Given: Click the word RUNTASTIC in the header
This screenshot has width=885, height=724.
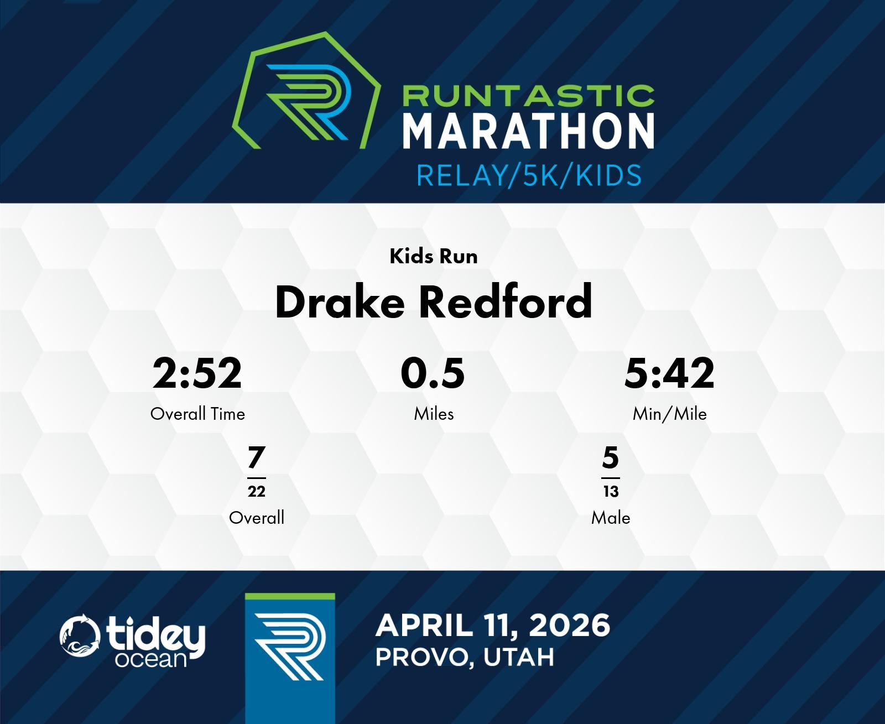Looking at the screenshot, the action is pyautogui.click(x=528, y=96).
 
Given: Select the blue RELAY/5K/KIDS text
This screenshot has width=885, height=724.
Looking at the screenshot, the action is pyautogui.click(x=529, y=175).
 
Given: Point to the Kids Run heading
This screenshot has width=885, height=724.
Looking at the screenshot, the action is pyautogui.click(x=434, y=256).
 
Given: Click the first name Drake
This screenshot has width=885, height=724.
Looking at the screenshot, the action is pyautogui.click(x=340, y=302).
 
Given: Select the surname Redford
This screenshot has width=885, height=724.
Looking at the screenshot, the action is pyautogui.click(x=506, y=302).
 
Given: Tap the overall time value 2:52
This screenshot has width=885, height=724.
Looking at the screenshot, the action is pyautogui.click(x=197, y=373).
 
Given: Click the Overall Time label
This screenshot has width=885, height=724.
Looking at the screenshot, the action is pyautogui.click(x=197, y=414).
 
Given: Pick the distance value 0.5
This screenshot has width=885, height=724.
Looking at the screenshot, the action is pyautogui.click(x=433, y=373).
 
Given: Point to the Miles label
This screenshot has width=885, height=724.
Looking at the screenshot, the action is pyautogui.click(x=434, y=414).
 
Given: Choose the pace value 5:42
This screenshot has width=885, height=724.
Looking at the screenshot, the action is pyautogui.click(x=669, y=373).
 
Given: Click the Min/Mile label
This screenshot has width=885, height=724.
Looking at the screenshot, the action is pyautogui.click(x=670, y=414).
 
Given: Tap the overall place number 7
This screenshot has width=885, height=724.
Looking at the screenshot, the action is pyautogui.click(x=257, y=457).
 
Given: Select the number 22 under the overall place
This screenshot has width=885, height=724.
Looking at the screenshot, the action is pyautogui.click(x=257, y=491).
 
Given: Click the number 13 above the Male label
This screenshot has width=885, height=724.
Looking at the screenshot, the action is pyautogui.click(x=611, y=491).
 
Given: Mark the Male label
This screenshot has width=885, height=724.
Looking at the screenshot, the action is pyautogui.click(x=611, y=518).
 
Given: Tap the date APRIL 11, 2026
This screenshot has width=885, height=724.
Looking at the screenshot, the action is pyautogui.click(x=493, y=626).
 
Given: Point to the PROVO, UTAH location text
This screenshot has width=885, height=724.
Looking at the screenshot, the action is pyautogui.click(x=465, y=658).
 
